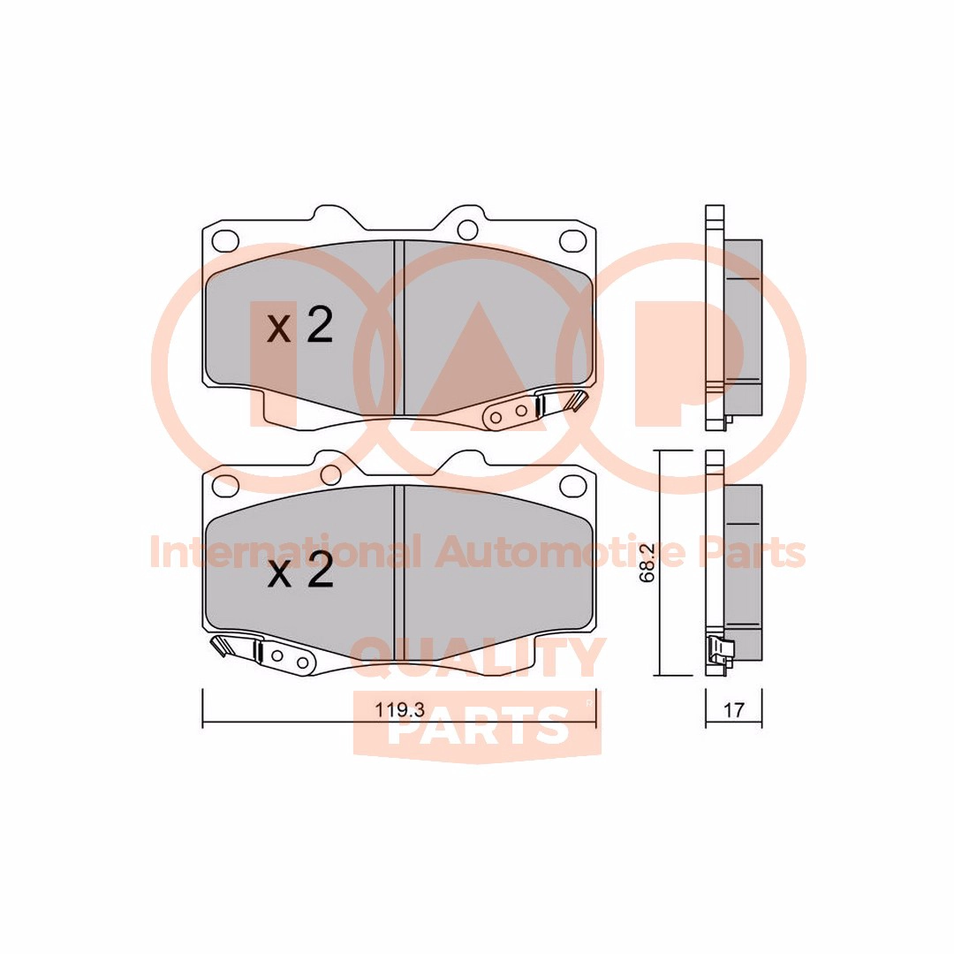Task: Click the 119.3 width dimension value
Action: tap(399, 709)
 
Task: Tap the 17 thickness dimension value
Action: tap(734, 709)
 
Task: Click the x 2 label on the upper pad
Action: tap(300, 325)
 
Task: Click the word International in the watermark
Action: tap(284, 552)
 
